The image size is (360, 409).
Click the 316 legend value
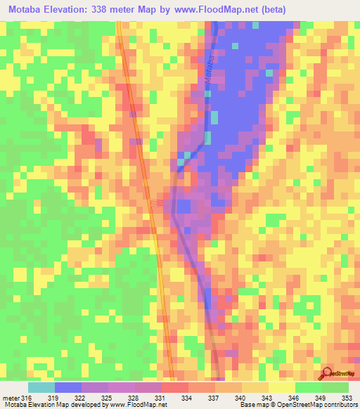pos(26,398)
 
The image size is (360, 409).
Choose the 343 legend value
pos(268,398)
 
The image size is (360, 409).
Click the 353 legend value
pos(347,398)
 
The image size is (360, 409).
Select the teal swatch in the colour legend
pos(41,387)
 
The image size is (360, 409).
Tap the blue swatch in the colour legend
pos(67,387)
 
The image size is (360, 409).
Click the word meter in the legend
pos(10,398)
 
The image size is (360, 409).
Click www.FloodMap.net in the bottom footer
pos(138,405)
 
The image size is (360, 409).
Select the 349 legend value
pos(321,398)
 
